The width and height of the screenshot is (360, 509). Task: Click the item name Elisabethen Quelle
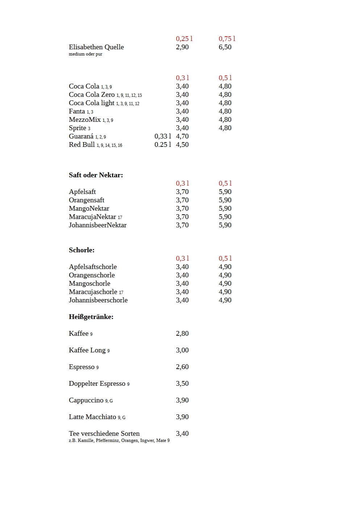point(96,47)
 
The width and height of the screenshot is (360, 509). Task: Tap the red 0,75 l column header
point(227,39)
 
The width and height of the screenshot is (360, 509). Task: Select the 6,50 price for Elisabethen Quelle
point(225,47)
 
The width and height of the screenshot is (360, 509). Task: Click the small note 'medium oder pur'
point(86,54)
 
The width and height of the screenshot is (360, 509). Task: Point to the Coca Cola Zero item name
point(92,95)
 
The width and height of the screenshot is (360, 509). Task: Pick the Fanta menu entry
point(77,111)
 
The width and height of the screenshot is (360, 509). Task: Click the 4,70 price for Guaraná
point(182,136)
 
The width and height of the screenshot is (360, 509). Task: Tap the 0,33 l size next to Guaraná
point(163,136)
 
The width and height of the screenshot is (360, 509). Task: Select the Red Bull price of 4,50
point(182,145)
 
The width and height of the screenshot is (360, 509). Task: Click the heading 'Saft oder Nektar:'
point(96,175)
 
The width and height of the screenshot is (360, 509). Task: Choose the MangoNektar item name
point(89,208)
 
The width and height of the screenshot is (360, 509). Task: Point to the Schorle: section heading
point(82,250)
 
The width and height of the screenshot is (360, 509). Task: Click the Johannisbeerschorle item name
point(98,300)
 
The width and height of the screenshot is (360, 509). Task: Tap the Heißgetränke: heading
point(91,317)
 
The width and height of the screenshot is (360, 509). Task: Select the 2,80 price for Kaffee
point(182,334)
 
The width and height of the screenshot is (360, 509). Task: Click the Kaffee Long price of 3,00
point(182,350)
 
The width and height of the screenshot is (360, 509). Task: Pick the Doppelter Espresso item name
point(97,384)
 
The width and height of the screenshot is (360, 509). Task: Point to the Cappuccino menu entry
point(86,400)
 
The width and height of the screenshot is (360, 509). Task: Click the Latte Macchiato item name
point(92,417)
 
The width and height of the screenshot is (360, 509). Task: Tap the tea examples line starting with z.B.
point(119,440)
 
